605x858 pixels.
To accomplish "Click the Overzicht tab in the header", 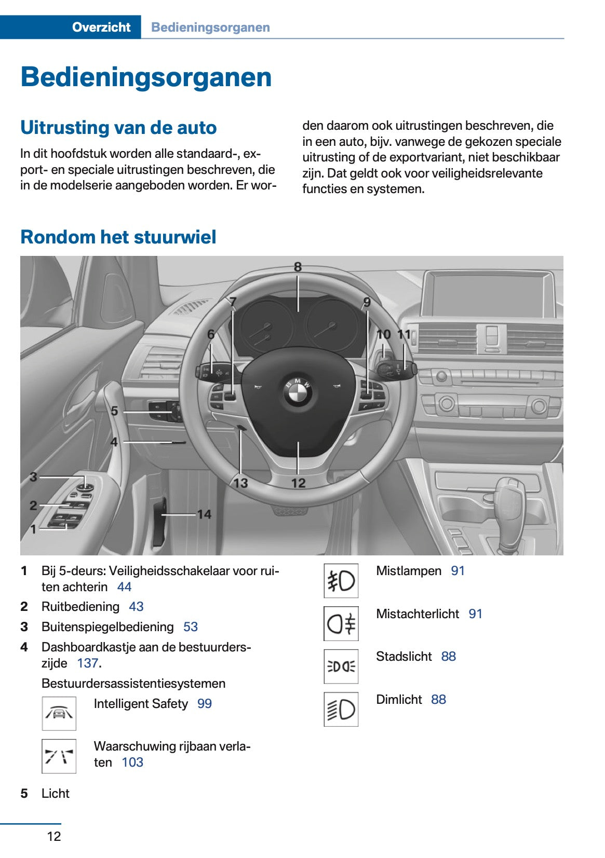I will pyautogui.click(x=101, y=27).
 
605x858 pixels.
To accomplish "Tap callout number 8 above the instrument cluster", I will pyautogui.click(x=298, y=267).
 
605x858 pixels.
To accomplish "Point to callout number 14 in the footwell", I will pyautogui.click(x=204, y=514).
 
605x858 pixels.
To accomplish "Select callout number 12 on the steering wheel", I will pyautogui.click(x=298, y=483).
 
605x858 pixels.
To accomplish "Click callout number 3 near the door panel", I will pyautogui.click(x=33, y=476).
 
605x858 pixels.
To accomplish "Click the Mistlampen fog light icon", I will pyautogui.click(x=341, y=581).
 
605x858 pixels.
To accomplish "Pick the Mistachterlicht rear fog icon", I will pyautogui.click(x=341, y=623).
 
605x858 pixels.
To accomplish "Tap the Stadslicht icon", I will pyautogui.click(x=341, y=666).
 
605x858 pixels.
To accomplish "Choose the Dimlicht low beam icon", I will pyautogui.click(x=341, y=709).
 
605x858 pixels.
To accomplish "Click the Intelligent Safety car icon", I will pyautogui.click(x=59, y=713).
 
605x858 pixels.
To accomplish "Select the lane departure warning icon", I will pyautogui.click(x=59, y=756).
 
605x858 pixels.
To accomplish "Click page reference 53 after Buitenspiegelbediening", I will pyautogui.click(x=191, y=627).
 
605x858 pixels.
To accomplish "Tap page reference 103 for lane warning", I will pyautogui.click(x=132, y=762).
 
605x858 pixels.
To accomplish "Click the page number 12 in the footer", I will pyautogui.click(x=54, y=836).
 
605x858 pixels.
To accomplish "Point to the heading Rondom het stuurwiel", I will pyautogui.click(x=118, y=237).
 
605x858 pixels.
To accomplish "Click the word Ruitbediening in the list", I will pyautogui.click(x=80, y=607).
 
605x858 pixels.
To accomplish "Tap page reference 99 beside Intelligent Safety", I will pyautogui.click(x=205, y=704).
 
